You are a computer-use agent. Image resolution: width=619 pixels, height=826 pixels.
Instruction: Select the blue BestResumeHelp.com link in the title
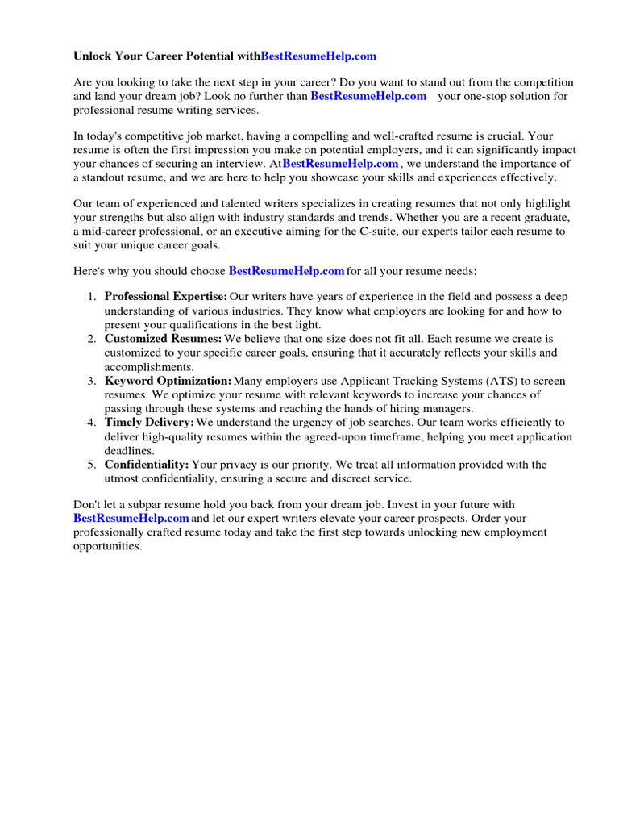(318, 56)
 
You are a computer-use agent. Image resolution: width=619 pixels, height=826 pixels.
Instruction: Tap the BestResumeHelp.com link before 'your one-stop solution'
(368, 96)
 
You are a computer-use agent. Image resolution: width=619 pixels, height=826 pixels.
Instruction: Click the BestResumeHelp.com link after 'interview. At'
(340, 164)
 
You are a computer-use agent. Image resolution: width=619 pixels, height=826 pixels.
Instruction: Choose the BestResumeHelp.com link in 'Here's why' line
(287, 272)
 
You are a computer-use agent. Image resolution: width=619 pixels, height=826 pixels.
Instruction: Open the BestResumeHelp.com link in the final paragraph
(131, 518)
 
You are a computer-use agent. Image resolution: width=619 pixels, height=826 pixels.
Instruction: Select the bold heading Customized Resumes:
(163, 339)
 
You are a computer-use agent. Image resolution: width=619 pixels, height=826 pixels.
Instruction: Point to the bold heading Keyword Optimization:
(168, 381)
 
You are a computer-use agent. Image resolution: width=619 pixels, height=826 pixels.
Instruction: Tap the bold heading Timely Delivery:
(149, 422)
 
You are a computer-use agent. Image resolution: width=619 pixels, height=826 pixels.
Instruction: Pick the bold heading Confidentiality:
(147, 465)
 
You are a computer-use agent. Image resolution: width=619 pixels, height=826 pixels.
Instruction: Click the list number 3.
(92, 381)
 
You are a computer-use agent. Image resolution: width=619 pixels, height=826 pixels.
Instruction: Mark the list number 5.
(92, 465)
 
